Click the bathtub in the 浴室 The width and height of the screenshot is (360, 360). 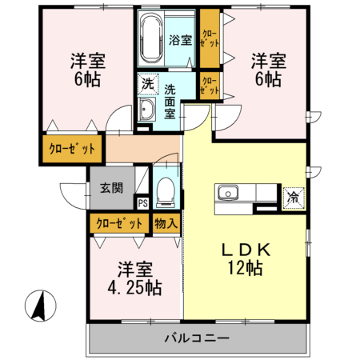tap(151, 39)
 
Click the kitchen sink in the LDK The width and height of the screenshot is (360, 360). tap(226, 194)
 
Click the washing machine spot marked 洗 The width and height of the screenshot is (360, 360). tap(147, 82)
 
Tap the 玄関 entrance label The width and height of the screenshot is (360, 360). tap(111, 189)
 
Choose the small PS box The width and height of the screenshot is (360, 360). tap(142, 202)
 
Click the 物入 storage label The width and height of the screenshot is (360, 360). tap(166, 224)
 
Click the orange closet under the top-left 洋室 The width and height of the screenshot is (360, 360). tap(72, 148)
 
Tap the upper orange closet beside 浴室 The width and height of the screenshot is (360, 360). tap(209, 39)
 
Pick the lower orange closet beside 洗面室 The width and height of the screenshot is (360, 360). tap(209, 86)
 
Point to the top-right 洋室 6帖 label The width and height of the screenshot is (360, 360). tap(267, 69)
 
